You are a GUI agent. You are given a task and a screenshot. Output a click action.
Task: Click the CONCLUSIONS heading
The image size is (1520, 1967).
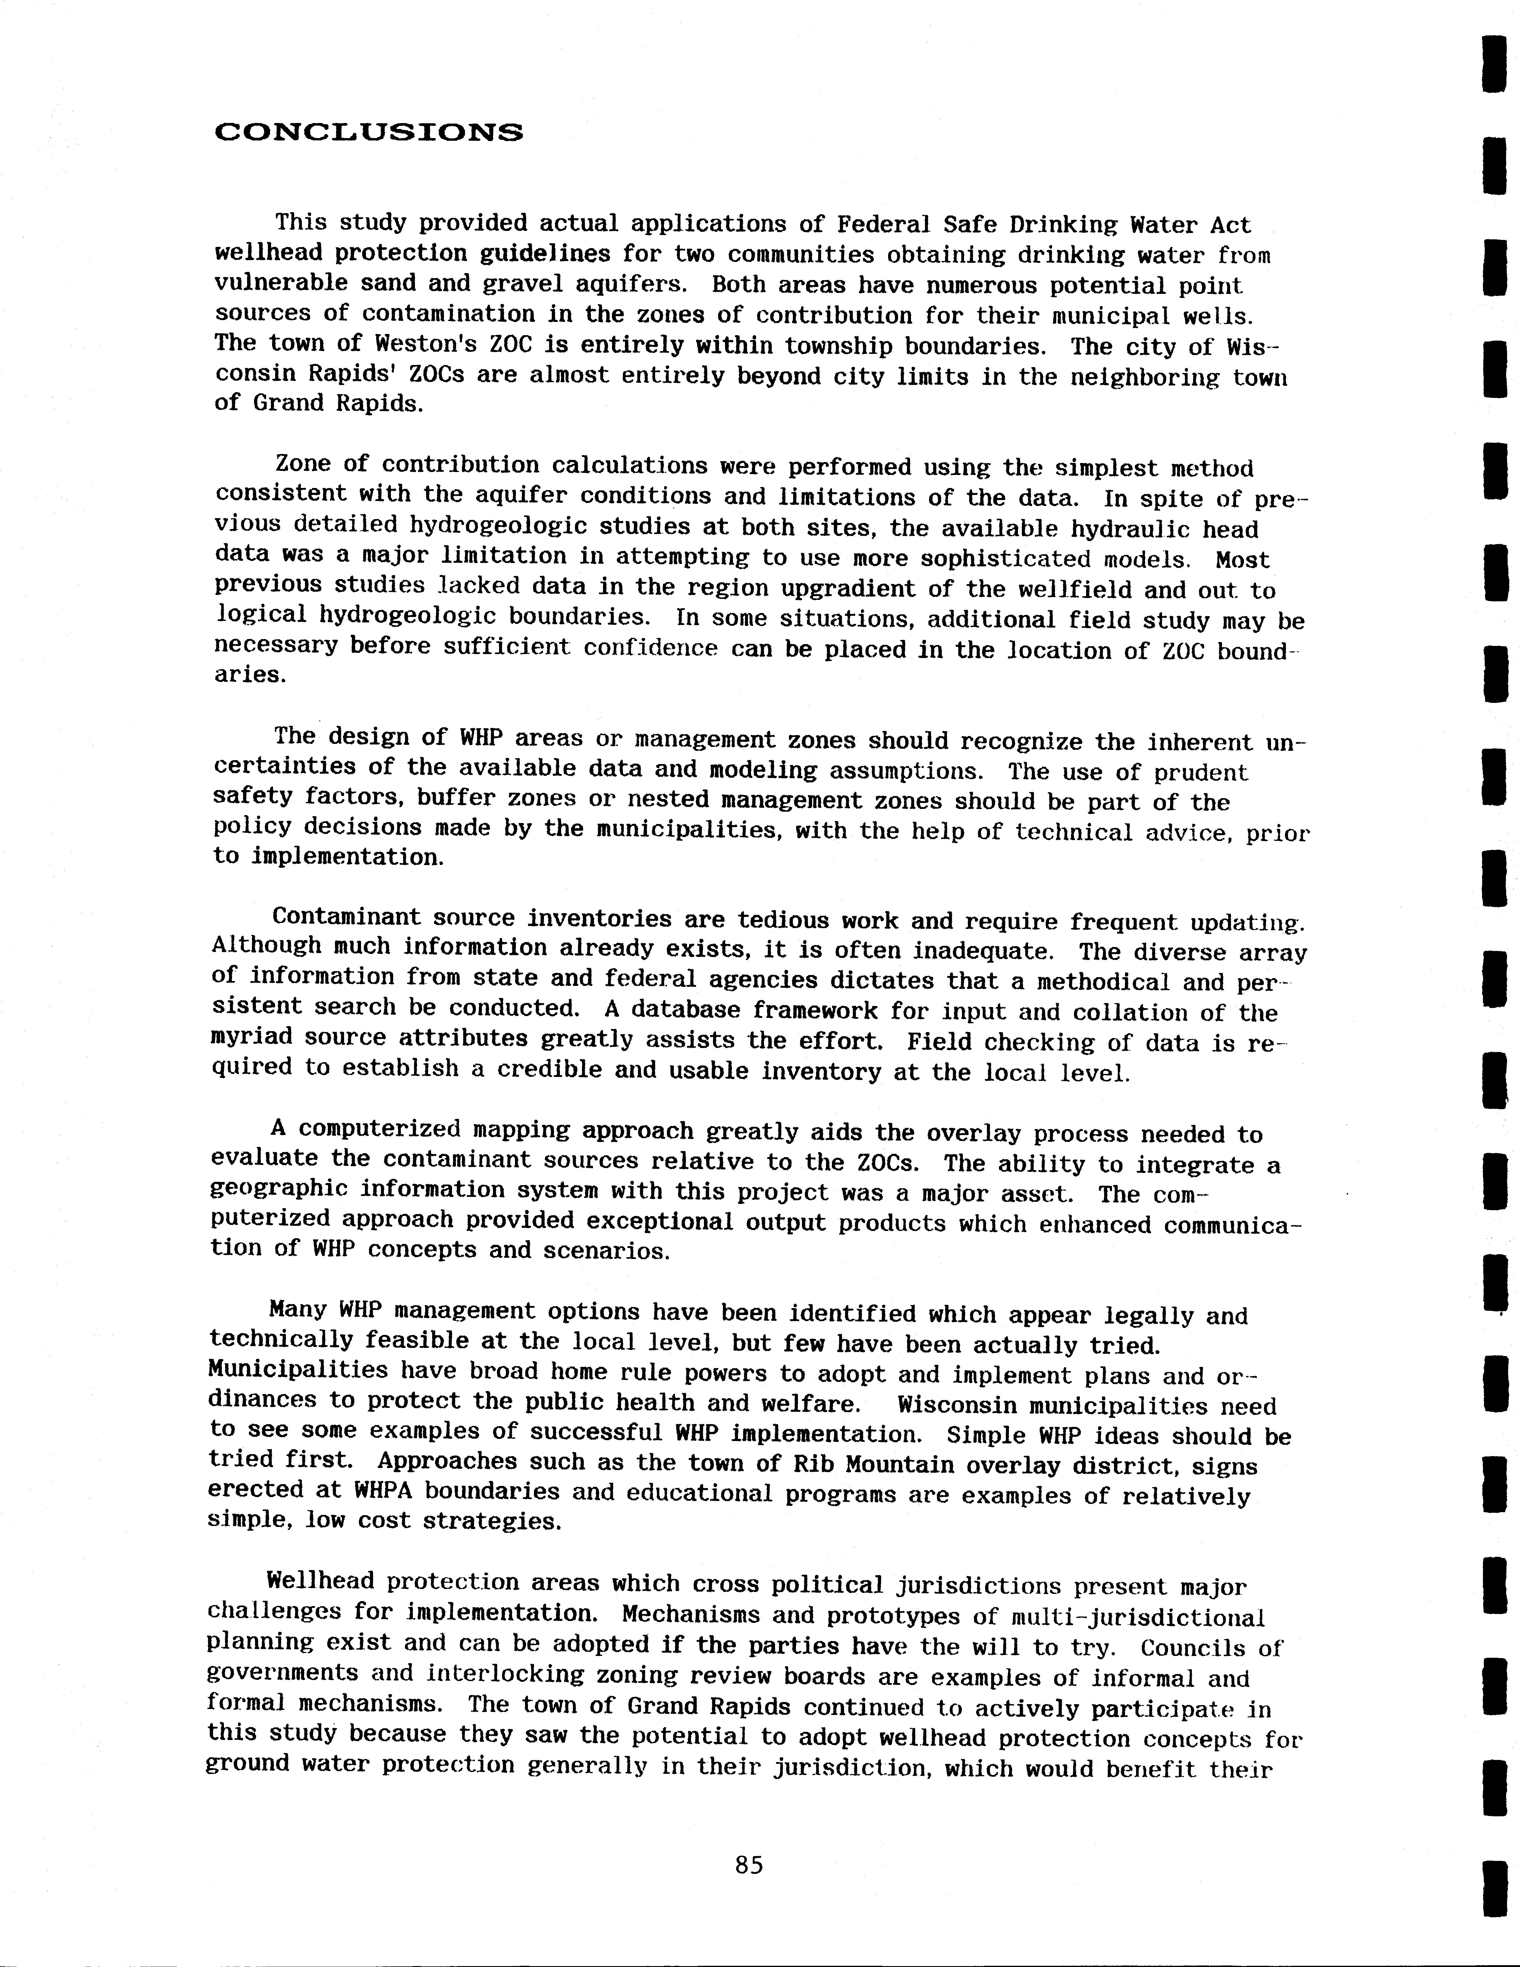(368, 133)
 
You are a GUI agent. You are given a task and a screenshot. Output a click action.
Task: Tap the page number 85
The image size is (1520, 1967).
(748, 1865)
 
